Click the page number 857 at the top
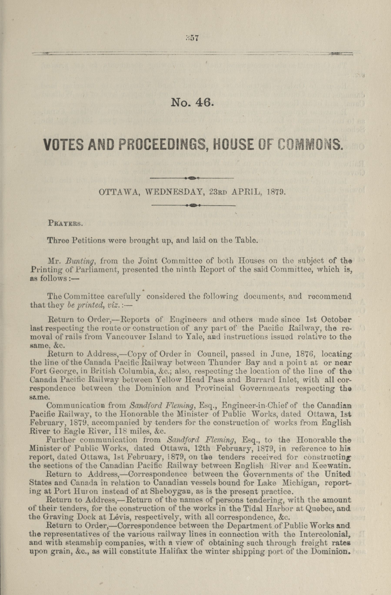(192, 38)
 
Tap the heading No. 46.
(192, 102)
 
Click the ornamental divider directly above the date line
(192, 178)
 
